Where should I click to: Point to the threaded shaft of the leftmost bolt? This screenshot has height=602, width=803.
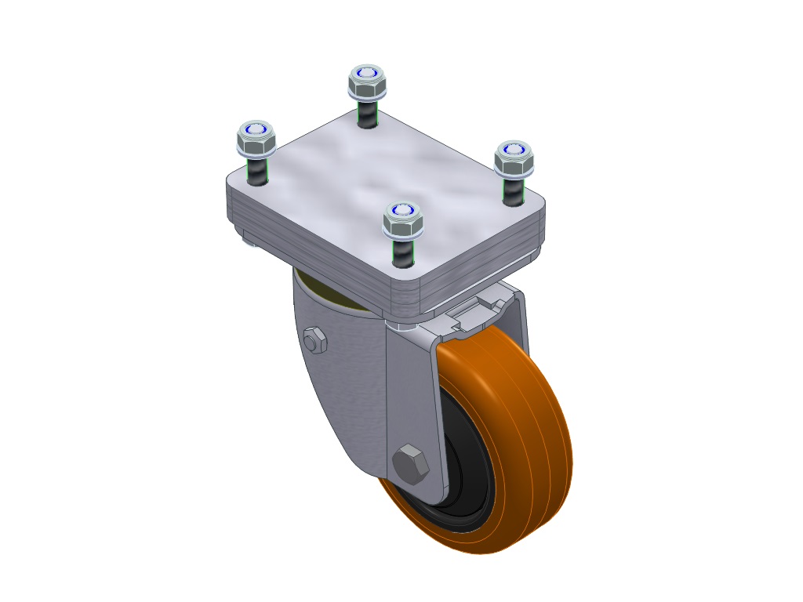[x=256, y=171]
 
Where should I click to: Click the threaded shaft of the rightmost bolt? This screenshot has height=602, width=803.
[x=514, y=190]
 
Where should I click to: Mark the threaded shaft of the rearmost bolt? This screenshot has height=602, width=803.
[x=366, y=113]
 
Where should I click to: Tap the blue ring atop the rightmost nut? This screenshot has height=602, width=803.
[x=514, y=149]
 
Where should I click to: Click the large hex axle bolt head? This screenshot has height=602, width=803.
[x=412, y=464]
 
